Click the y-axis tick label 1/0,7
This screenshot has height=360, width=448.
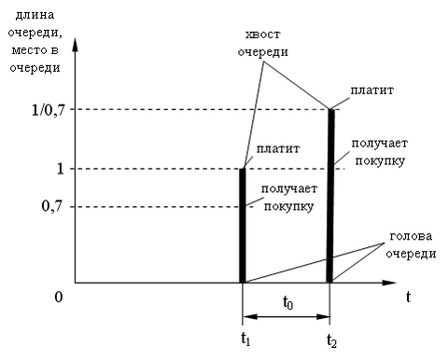click(x=49, y=110)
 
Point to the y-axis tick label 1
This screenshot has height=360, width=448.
click(x=60, y=169)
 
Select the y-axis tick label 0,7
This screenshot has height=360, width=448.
click(x=53, y=207)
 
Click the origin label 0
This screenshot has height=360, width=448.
click(x=59, y=297)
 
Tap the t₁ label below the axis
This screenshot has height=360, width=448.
click(x=245, y=339)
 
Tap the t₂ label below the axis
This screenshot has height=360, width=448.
click(x=331, y=340)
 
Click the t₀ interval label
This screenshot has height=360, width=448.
click(x=287, y=302)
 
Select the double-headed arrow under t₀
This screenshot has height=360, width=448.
click(x=287, y=317)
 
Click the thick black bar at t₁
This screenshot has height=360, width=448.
click(x=243, y=226)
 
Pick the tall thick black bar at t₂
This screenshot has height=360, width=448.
click(x=330, y=196)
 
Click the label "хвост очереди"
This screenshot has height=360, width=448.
click(x=263, y=43)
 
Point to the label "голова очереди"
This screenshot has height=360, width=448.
click(x=411, y=245)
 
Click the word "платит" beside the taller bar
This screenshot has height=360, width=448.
click(x=372, y=90)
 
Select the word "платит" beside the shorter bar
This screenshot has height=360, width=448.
click(x=278, y=149)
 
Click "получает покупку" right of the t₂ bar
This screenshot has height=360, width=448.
click(x=380, y=152)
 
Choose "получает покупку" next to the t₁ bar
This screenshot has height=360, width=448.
click(x=289, y=198)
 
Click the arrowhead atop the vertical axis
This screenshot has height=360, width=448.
click(x=75, y=45)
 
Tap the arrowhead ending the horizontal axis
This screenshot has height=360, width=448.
click(x=389, y=283)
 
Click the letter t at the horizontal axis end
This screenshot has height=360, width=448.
click(x=408, y=297)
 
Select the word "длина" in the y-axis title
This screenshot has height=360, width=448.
click(x=35, y=15)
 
